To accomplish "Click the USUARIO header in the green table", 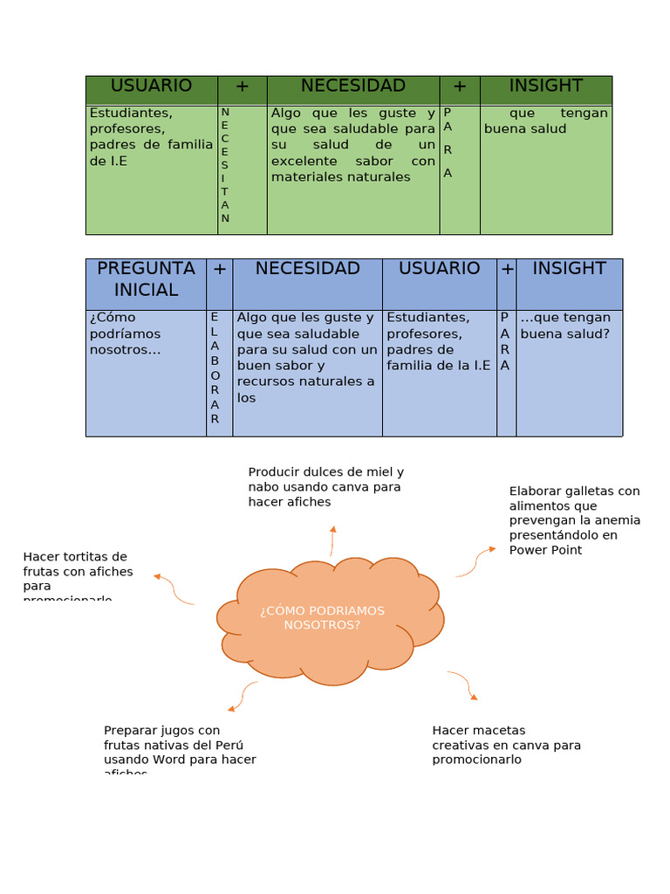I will tap(151, 86).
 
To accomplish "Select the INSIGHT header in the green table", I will tap(545, 86).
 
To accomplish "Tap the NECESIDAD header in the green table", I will tap(352, 86).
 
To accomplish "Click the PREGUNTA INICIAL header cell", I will tap(146, 279).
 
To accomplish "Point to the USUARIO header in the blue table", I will tap(439, 268).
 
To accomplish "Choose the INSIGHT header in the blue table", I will tap(569, 268).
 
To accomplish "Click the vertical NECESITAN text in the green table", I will tap(225, 165).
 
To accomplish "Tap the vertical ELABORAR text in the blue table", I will tap(215, 368).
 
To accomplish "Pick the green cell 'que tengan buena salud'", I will tap(545, 120).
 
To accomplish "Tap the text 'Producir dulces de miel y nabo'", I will tap(325, 486).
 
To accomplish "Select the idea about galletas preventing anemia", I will tap(574, 520).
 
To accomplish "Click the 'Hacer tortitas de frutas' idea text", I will tap(78, 572).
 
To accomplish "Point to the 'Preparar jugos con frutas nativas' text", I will tap(179, 750).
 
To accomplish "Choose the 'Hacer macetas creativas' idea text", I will tap(506, 745).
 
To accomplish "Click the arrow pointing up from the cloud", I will tap(332, 540).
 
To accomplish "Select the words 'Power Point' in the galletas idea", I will tap(545, 550).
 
